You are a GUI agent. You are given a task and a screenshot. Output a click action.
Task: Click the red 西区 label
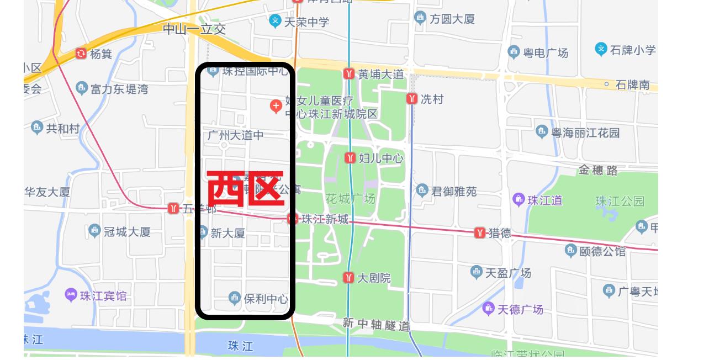click(245, 189)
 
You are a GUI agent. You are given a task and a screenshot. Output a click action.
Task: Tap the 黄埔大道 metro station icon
click(348, 73)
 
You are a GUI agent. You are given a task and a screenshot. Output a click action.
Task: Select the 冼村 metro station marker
click(412, 99)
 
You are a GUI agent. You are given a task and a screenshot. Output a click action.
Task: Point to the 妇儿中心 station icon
click(350, 158)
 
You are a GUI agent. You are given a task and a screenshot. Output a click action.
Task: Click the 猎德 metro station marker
click(480, 233)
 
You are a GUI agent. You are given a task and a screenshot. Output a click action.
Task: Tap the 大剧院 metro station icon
click(348, 278)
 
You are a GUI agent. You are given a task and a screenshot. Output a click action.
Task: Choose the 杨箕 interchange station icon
click(81, 54)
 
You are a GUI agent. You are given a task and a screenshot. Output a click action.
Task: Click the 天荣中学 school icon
click(275, 22)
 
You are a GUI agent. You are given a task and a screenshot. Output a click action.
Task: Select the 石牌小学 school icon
click(601, 49)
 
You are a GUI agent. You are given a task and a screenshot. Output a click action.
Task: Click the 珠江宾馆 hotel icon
click(71, 295)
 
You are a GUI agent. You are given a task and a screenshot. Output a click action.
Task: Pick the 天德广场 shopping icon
click(488, 308)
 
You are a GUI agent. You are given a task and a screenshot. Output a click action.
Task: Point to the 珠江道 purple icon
click(518, 199)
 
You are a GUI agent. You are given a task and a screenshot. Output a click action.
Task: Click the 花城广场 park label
click(350, 198)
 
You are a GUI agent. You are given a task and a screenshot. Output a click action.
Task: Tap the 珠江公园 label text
click(620, 201)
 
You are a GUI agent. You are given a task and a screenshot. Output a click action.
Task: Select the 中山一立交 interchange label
click(194, 29)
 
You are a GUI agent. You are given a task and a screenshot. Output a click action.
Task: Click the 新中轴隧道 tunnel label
click(375, 325)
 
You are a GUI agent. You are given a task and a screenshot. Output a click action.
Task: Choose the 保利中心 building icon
click(235, 298)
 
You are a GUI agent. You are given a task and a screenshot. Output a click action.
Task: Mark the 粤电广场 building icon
click(514, 52)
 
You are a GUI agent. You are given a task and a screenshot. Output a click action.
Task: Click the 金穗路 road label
click(598, 171)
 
